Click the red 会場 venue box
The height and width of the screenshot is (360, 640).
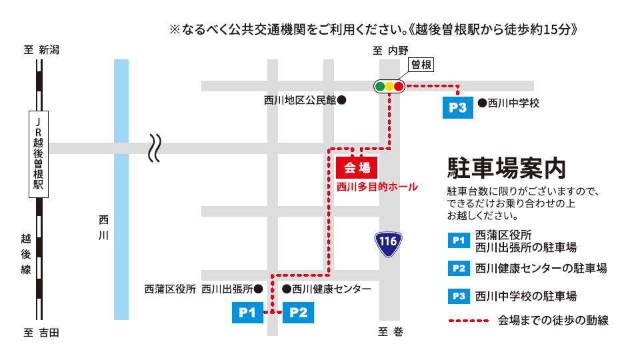[x=357, y=167]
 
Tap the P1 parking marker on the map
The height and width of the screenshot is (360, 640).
[x=247, y=312]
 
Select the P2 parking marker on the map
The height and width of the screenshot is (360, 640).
[x=298, y=312]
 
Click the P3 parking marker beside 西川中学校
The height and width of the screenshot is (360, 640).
[x=458, y=107]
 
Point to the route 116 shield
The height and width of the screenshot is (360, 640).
[x=389, y=245]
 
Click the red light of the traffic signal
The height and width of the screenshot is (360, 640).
[x=399, y=86]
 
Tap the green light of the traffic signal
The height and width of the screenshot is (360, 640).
[x=379, y=86]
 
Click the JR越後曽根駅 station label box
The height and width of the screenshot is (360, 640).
[x=39, y=154]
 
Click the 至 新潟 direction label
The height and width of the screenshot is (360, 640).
[x=41, y=50]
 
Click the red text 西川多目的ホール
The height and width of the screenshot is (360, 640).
[x=377, y=187]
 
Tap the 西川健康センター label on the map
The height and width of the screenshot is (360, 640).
[x=327, y=289]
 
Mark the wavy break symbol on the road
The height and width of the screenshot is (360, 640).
[x=155, y=147]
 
